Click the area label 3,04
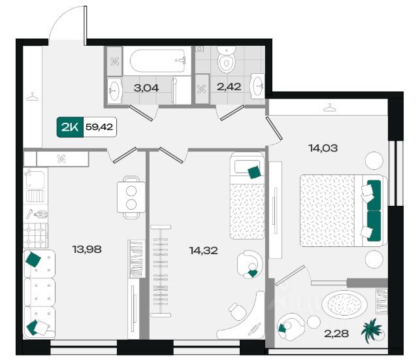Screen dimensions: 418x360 click(x=146, y=88)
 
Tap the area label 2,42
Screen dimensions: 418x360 click(x=229, y=87)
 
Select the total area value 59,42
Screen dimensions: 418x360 click(x=99, y=127)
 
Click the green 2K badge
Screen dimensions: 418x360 click(x=70, y=127)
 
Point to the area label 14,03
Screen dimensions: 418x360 click(x=323, y=148)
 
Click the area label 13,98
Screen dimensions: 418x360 click(x=87, y=250)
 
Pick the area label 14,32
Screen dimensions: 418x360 click(x=203, y=251)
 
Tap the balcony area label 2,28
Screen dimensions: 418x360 click(x=336, y=334)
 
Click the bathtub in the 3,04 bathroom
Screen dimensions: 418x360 click(x=157, y=61)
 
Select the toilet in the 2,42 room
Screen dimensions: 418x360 click(x=227, y=60)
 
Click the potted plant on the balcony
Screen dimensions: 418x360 click(x=372, y=331)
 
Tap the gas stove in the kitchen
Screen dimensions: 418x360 click(x=35, y=235)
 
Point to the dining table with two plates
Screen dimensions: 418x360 click(x=131, y=197)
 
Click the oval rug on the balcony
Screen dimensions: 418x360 click(x=344, y=304)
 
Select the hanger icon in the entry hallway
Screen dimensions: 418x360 click(x=33, y=97)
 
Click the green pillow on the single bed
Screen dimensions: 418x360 click(x=254, y=172)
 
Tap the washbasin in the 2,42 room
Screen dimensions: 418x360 click(x=257, y=86)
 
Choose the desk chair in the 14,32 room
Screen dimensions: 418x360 click(x=237, y=311)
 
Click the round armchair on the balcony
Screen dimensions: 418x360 click(x=291, y=327)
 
